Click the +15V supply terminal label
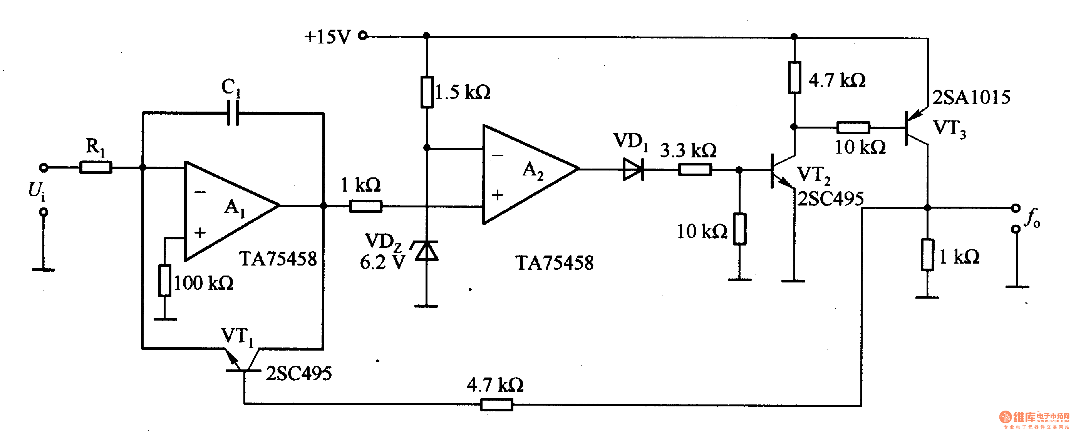coord(327,37)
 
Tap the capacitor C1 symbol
coord(233,113)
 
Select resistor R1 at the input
coord(96,167)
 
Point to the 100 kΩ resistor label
coord(203,284)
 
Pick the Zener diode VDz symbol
coord(427,251)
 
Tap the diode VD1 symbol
coord(633,170)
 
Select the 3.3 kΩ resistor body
coord(695,170)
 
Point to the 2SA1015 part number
coord(971,98)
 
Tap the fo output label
coord(1033,218)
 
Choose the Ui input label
coord(37,190)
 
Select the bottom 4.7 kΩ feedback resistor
coord(496,404)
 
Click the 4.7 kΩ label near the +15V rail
coord(836,80)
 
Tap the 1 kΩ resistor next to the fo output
coord(927,254)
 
